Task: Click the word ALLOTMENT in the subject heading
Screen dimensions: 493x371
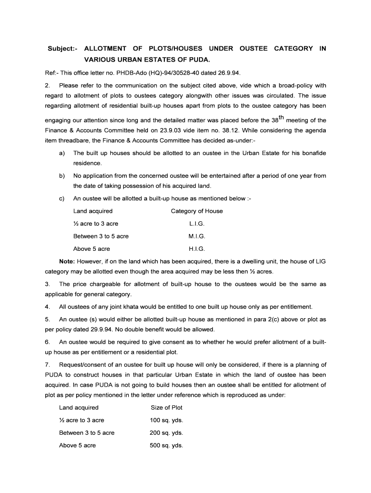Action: pos(105,49)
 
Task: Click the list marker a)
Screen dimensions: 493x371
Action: pos(62,153)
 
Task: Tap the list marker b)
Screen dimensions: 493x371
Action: pos(62,176)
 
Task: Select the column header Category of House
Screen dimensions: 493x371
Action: pos(197,211)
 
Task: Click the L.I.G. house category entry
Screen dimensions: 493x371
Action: pos(197,224)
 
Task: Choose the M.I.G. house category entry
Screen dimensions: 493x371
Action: pos(197,236)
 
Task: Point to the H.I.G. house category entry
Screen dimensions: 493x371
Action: pos(197,249)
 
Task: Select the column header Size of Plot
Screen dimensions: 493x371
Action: pos(166,407)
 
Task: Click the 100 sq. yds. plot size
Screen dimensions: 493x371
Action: pos(166,420)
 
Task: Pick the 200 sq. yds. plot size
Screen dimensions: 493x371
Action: pos(166,433)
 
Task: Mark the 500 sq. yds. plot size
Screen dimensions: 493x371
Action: pos(166,445)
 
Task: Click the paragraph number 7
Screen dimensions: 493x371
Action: pos(47,364)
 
